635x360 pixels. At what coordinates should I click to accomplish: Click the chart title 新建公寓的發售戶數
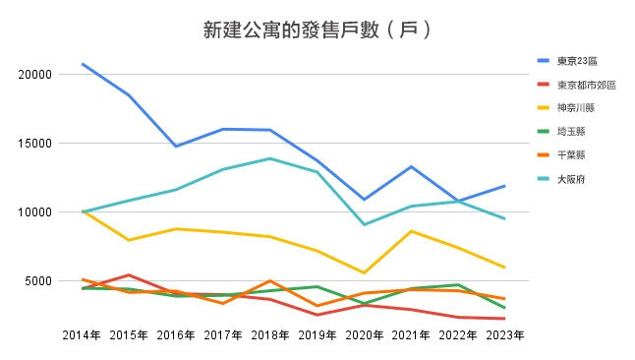point(317,30)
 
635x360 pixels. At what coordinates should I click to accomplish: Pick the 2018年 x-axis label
point(269,335)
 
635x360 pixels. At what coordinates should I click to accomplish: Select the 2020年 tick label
point(364,335)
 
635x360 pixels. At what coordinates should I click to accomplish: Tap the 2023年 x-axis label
point(504,335)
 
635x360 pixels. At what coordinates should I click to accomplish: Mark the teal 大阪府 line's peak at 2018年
point(269,158)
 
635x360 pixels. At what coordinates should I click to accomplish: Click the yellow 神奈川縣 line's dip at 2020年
point(364,272)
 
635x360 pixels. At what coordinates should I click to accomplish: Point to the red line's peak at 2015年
point(129,275)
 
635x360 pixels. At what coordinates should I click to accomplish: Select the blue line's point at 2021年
point(411,166)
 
